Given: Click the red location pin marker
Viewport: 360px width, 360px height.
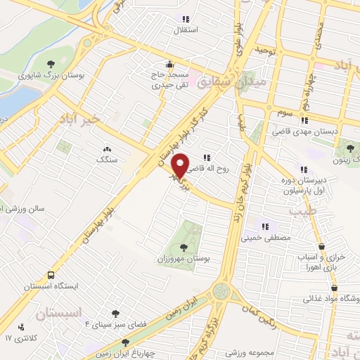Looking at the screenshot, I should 181,166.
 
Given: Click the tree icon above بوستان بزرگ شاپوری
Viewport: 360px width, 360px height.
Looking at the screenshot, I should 50,65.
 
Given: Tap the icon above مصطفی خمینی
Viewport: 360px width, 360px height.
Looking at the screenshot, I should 265,226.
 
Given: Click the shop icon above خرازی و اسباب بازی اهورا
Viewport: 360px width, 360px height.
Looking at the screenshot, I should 322,246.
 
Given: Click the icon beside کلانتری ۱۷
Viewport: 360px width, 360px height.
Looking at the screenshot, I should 22,327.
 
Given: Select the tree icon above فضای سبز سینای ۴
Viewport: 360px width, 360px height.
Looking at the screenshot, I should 115,314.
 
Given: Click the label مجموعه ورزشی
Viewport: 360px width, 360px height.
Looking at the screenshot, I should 250,351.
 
